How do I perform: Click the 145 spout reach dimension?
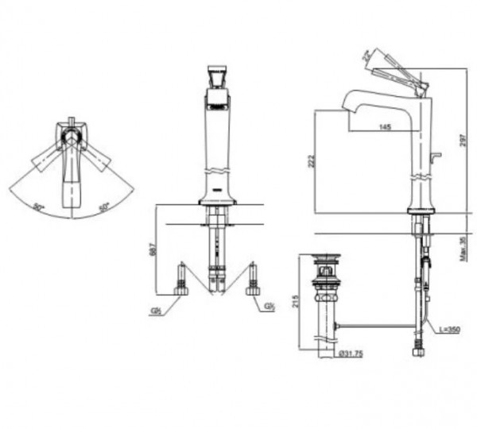coord(385,127)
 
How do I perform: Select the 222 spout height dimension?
coord(312,161)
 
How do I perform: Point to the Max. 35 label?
coord(463,249)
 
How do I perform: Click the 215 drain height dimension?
coord(296,302)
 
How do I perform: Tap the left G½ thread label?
coord(156,308)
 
